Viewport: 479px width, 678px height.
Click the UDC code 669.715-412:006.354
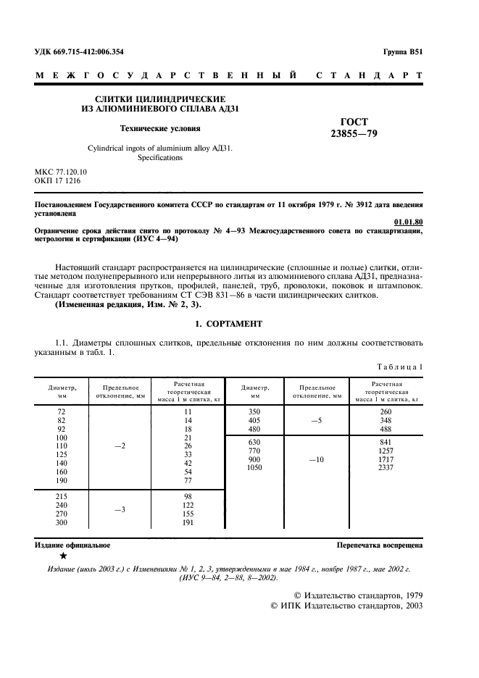tap(79, 53)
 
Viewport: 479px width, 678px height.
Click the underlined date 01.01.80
tap(408, 222)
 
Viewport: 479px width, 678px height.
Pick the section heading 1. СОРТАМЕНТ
tap(229, 322)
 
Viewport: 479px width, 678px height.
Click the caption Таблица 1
tap(401, 367)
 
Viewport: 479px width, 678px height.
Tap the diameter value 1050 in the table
tap(254, 468)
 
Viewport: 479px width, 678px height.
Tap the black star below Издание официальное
tap(63, 556)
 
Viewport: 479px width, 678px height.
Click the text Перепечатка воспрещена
tap(380, 544)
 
